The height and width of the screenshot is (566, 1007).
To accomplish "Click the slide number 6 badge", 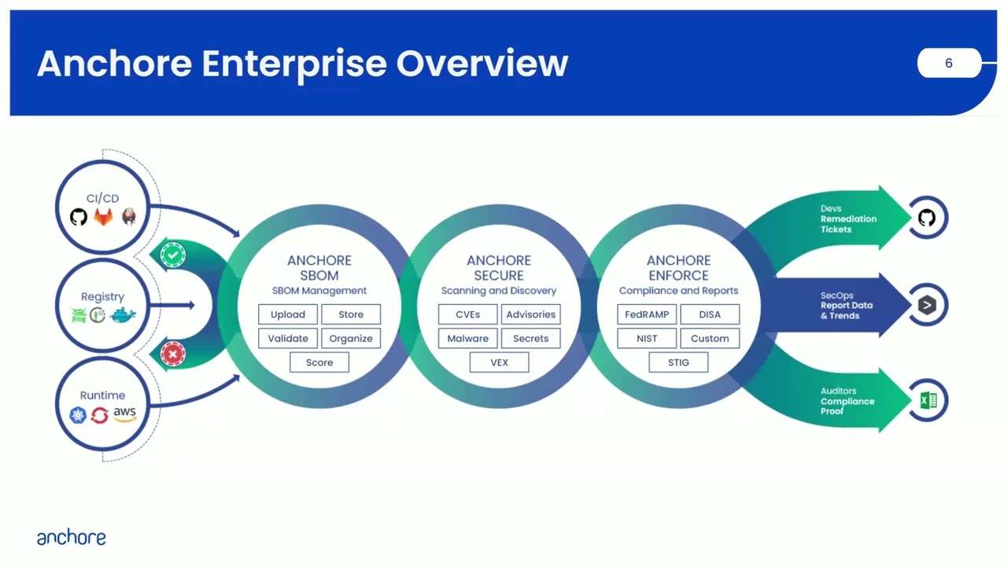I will click(x=948, y=63).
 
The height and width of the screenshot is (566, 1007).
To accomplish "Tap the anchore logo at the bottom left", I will click(x=71, y=538).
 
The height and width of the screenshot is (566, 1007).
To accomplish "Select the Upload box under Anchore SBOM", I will click(x=288, y=314).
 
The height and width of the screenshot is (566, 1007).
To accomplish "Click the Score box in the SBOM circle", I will click(x=319, y=362).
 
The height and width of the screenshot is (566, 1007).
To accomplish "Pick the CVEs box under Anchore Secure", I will click(x=467, y=314).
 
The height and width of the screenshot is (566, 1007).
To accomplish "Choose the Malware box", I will click(x=467, y=338).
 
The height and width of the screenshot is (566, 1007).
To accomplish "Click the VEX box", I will click(x=499, y=362).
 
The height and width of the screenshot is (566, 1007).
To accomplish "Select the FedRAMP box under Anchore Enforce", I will click(x=647, y=314).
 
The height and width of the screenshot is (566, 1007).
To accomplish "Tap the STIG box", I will click(x=678, y=362).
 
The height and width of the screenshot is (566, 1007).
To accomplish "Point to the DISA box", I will click(x=710, y=314).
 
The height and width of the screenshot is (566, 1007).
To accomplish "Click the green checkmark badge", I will click(x=173, y=255).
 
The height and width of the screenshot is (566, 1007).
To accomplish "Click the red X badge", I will click(x=173, y=354).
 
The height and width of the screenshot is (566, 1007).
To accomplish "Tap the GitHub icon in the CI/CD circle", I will click(x=79, y=217).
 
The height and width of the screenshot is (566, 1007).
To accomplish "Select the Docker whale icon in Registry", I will click(x=124, y=315).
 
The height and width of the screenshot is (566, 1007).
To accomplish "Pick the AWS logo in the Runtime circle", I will click(x=124, y=413).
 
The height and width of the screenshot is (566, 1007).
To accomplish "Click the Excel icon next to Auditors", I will click(x=928, y=401).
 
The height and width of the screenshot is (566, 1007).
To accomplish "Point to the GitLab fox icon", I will click(x=104, y=217).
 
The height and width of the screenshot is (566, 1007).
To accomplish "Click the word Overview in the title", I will click(x=481, y=63).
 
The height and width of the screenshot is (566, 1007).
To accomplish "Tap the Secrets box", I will click(x=530, y=338).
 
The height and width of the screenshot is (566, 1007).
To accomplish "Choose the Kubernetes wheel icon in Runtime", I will click(x=78, y=415).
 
